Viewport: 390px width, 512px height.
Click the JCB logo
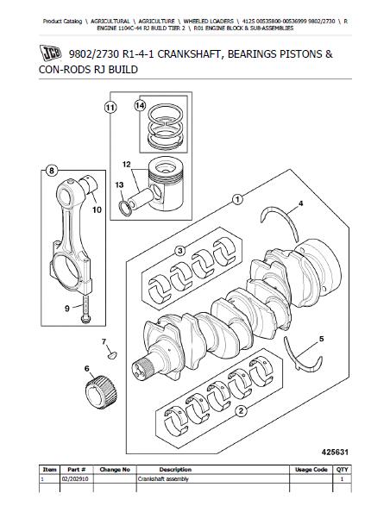(50, 53)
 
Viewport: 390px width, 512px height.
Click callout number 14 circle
(140, 105)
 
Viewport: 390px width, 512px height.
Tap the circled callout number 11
(110, 108)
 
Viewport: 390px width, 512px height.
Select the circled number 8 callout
(51, 170)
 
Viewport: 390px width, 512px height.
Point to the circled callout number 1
(237, 199)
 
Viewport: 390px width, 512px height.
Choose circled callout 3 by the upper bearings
(180, 251)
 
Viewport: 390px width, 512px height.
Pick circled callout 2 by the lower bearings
(241, 411)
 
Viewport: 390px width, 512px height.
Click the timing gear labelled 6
(101, 392)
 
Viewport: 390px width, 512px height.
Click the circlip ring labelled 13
(126, 209)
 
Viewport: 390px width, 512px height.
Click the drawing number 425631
(335, 452)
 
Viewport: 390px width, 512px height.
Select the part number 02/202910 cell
(77, 478)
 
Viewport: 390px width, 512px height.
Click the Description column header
(175, 470)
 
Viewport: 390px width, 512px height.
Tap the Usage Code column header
(311, 470)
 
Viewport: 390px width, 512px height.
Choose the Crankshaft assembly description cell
(163, 479)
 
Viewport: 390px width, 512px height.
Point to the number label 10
(97, 209)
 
